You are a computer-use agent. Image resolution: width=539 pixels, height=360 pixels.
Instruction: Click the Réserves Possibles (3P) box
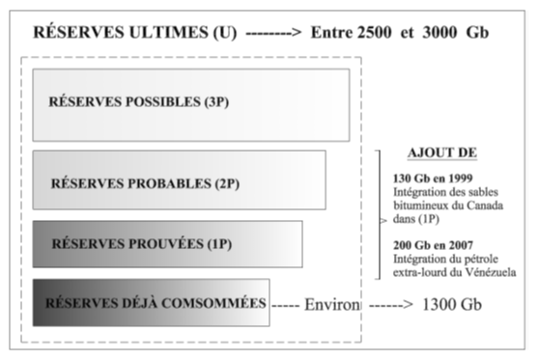coord(190,104)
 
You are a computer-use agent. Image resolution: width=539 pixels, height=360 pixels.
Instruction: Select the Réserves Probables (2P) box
coord(179,180)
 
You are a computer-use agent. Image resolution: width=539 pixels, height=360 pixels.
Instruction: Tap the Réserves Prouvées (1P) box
coord(166,244)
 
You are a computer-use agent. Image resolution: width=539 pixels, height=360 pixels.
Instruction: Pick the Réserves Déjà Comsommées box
coord(151,303)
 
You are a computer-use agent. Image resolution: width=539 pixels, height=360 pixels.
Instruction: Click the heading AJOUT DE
coord(442,154)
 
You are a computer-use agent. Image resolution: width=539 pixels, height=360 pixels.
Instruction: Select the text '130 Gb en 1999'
coord(434,179)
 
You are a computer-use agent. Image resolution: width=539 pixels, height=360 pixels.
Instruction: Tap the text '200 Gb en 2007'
coord(434,245)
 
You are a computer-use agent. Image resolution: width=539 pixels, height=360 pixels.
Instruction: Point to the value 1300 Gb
coord(453,304)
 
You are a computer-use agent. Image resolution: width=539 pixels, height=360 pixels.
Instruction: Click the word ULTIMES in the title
coord(155,32)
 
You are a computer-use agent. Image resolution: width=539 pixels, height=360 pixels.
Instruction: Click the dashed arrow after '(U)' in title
coord(274,32)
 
